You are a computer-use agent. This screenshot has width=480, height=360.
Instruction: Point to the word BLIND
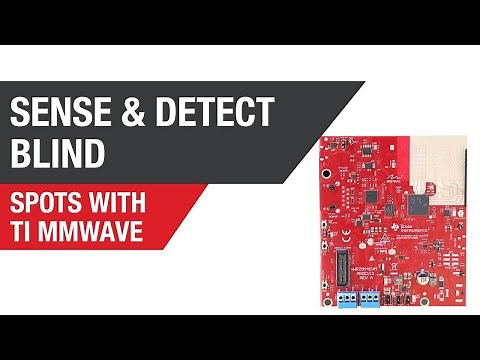click(58, 154)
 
